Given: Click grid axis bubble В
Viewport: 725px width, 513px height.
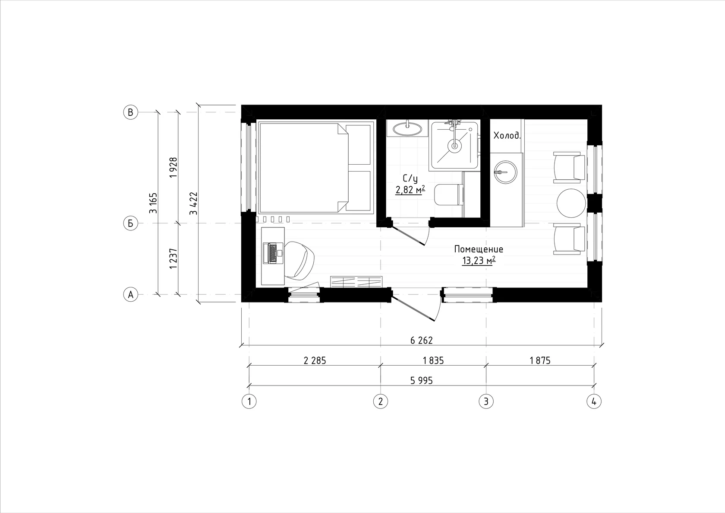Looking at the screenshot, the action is click(x=131, y=112).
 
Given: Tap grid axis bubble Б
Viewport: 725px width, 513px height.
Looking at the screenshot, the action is click(x=131, y=223).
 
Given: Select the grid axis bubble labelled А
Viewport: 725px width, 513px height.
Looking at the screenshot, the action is click(x=131, y=295).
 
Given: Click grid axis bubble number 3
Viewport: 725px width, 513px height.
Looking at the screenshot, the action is click(x=486, y=401).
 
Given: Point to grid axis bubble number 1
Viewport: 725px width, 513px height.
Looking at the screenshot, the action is click(x=249, y=401).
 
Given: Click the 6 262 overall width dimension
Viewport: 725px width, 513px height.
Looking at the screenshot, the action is click(x=421, y=341).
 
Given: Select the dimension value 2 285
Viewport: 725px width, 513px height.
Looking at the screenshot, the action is click(x=315, y=361).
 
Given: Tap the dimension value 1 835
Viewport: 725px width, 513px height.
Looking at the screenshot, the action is click(x=433, y=361).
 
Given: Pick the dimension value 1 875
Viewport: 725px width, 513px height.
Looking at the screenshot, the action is click(x=540, y=361).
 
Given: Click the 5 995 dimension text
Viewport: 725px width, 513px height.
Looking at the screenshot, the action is click(x=421, y=380).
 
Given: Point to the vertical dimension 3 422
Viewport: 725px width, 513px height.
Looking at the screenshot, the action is click(x=193, y=204).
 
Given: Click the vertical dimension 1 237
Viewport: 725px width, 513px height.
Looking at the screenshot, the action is click(x=173, y=258).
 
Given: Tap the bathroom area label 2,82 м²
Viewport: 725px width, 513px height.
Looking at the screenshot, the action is click(x=410, y=190).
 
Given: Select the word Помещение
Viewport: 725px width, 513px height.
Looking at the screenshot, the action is click(x=479, y=249).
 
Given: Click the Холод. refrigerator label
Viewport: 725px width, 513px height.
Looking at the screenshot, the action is click(x=507, y=135).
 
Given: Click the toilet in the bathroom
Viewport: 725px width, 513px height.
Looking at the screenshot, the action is click(x=449, y=194).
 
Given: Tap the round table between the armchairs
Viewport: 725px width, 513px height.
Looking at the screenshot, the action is click(x=571, y=204).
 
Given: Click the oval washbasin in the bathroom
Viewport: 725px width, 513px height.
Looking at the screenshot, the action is click(x=407, y=129).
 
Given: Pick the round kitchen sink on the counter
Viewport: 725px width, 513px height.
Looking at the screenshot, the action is click(x=506, y=172).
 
